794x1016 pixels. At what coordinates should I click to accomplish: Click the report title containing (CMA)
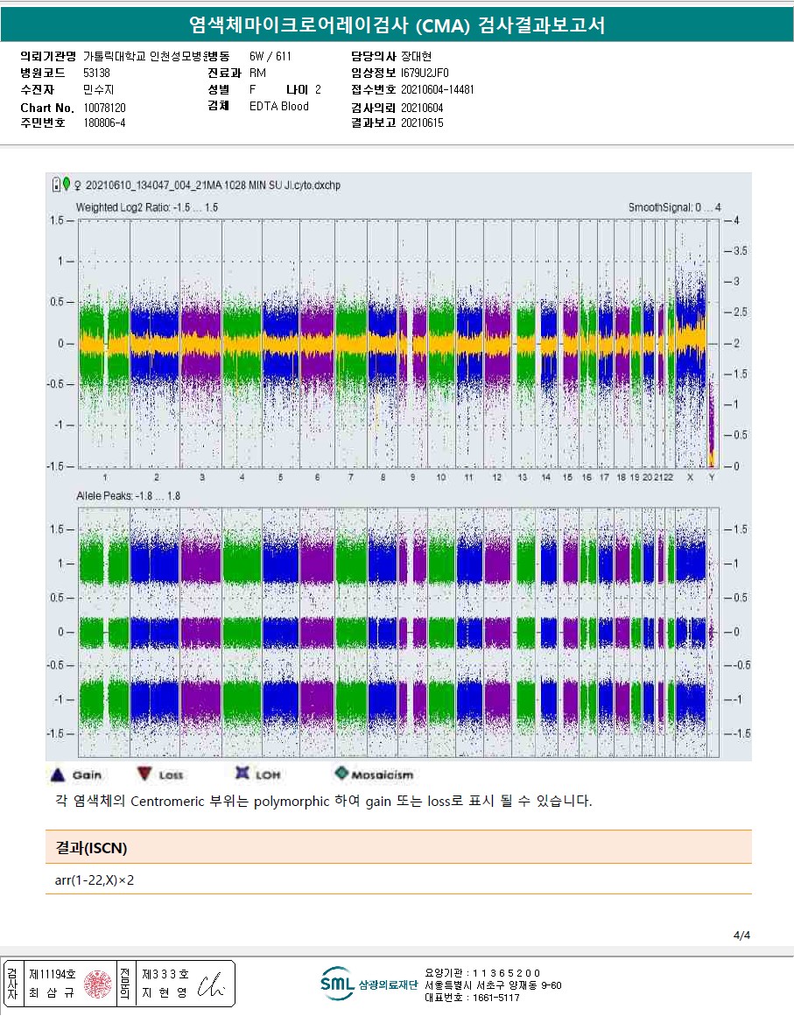(x=397, y=25)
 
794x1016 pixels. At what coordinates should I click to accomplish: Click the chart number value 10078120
(x=104, y=108)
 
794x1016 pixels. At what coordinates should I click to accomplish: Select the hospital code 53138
(x=96, y=73)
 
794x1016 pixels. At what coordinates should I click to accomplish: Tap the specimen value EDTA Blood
(x=278, y=107)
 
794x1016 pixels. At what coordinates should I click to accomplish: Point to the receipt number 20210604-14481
(x=437, y=89)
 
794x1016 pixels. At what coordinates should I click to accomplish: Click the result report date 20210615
(x=422, y=123)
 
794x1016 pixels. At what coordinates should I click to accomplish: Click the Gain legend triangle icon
(x=57, y=774)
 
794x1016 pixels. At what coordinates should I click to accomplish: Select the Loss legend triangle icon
(x=144, y=774)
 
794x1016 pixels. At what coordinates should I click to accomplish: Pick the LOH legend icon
(x=242, y=774)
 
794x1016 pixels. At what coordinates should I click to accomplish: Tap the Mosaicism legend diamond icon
(x=341, y=774)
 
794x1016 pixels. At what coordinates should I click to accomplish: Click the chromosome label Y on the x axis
(x=711, y=477)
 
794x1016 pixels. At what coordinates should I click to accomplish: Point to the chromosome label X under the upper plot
(x=690, y=477)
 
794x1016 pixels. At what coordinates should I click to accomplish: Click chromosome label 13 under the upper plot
(x=522, y=477)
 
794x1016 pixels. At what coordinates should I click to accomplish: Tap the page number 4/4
(x=741, y=935)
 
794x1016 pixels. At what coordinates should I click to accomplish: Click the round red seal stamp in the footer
(x=99, y=983)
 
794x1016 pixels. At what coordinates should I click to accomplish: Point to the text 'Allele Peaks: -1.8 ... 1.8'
(x=129, y=496)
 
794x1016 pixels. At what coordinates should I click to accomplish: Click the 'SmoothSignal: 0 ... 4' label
(x=674, y=207)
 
